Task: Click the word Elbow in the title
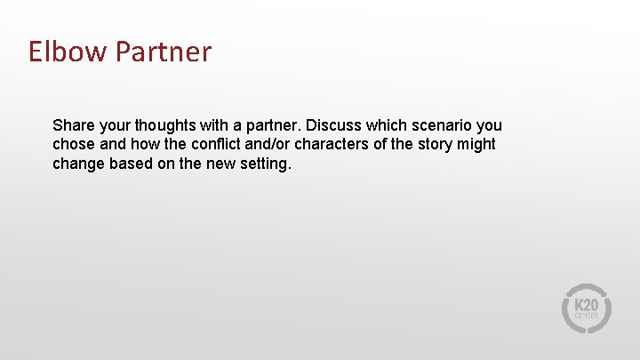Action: point(67,52)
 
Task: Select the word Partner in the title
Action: point(163,52)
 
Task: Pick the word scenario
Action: point(441,125)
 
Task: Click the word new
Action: point(220,164)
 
